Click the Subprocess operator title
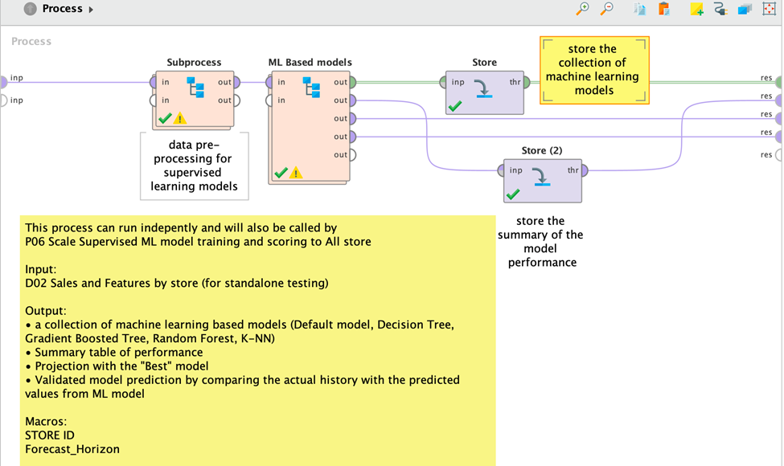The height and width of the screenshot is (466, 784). point(194,62)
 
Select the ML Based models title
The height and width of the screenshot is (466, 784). point(310,62)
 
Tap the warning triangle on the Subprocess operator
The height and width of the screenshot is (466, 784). point(180,118)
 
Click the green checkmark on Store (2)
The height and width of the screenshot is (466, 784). point(512,194)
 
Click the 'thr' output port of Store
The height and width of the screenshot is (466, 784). point(527,82)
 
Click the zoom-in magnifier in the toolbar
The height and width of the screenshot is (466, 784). point(583,9)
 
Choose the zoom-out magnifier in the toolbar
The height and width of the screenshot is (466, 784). point(607,9)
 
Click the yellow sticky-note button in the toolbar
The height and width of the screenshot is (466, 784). point(696,10)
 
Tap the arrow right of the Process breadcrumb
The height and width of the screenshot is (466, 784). point(91,10)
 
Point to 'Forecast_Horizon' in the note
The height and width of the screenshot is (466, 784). point(72,449)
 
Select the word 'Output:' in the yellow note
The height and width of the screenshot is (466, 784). point(46,310)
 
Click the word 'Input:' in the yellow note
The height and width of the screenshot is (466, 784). point(41,269)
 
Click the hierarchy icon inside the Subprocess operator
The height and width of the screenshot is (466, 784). point(195,87)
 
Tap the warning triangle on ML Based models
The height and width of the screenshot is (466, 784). point(296,173)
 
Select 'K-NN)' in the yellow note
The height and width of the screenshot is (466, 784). point(259,338)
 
